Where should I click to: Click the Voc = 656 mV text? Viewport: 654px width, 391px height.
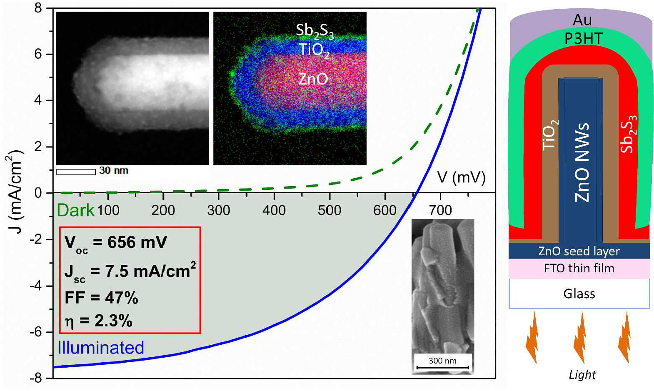click(x=116, y=242)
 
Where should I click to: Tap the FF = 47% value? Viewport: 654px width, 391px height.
click(x=101, y=298)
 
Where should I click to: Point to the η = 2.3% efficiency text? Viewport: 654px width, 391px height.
click(x=98, y=321)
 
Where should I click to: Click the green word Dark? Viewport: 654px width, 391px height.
click(x=75, y=210)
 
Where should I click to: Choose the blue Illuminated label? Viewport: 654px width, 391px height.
click(x=101, y=348)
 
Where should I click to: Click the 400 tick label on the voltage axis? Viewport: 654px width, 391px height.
click(x=274, y=210)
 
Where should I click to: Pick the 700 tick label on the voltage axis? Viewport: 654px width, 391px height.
click(x=440, y=210)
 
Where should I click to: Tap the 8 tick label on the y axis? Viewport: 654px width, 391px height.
click(x=38, y=8)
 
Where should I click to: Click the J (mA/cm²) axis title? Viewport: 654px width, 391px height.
click(x=15, y=192)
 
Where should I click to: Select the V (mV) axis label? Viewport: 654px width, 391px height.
click(x=462, y=177)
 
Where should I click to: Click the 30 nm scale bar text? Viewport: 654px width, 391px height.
click(x=113, y=171)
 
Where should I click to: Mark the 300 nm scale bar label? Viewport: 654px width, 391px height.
click(x=442, y=361)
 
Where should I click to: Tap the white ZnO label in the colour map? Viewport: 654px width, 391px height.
click(x=313, y=79)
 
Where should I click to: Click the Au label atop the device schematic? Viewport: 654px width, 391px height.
click(x=582, y=20)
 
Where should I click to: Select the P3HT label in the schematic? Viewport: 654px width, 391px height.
click(x=583, y=39)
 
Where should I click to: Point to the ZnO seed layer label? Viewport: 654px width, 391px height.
click(x=579, y=251)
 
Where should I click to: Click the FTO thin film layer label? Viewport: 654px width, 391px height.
click(x=579, y=268)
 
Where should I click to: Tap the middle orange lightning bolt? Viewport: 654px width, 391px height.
click(x=580, y=337)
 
